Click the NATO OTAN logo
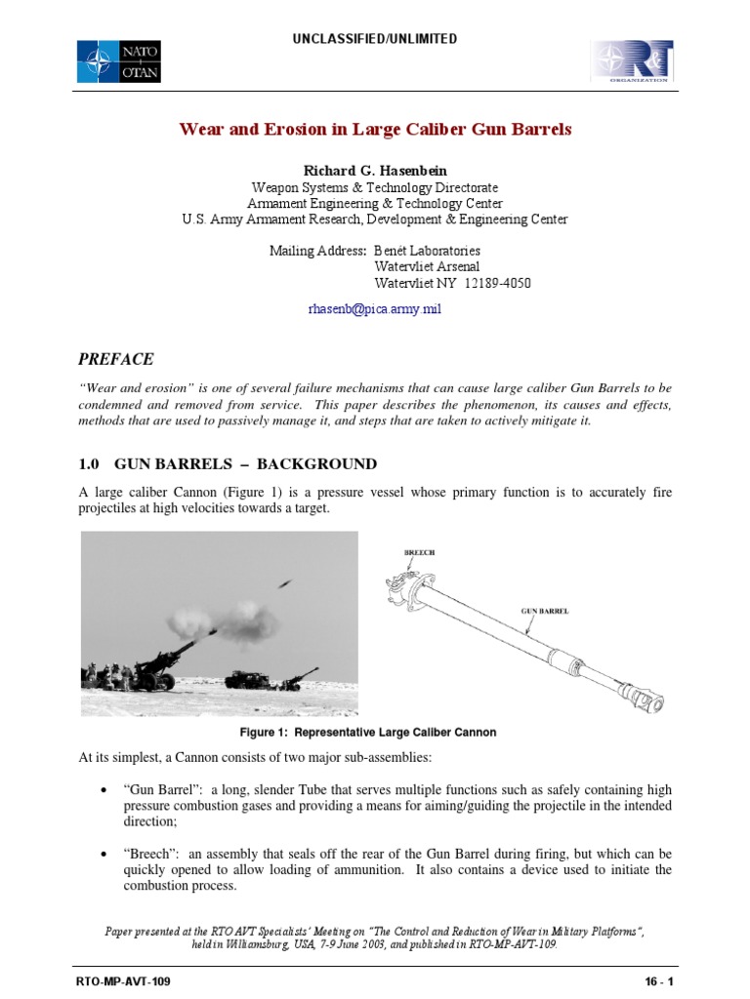tap(119, 60)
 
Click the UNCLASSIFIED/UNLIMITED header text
tap(375, 39)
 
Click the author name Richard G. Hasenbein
tap(375, 171)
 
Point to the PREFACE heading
tap(116, 359)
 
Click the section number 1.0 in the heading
tap(91, 463)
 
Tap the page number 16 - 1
tap(654, 979)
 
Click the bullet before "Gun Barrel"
tap(104, 789)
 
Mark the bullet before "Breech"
tap(104, 854)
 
